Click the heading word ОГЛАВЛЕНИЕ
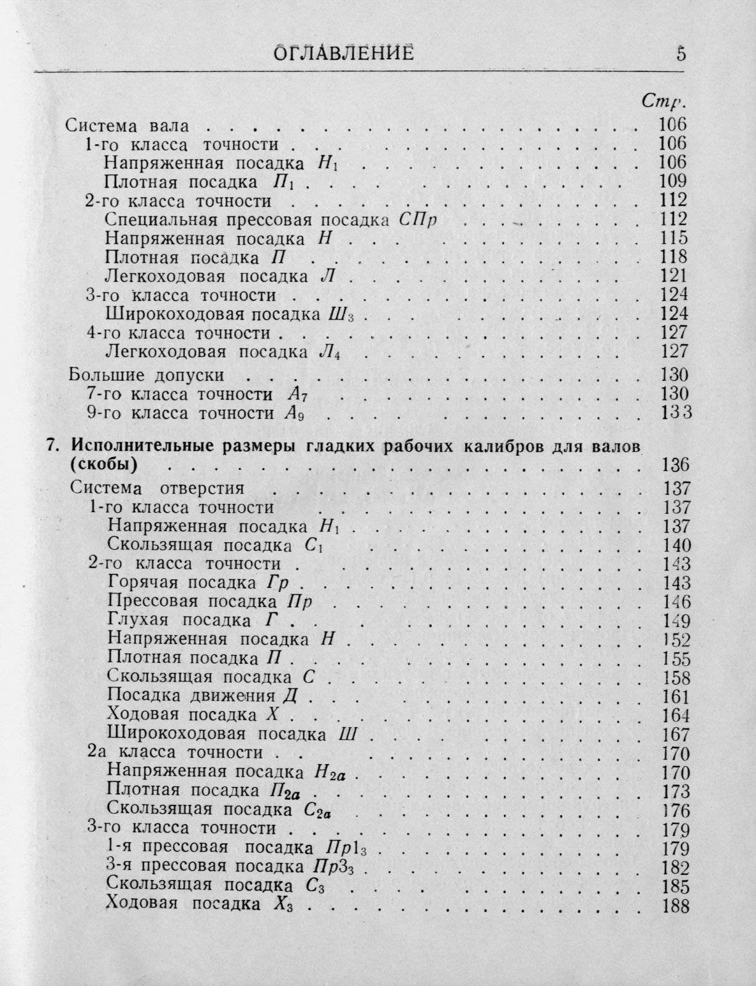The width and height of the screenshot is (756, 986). [x=343, y=54]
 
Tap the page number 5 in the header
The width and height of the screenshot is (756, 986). [x=680, y=53]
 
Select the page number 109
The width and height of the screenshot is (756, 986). [x=672, y=181]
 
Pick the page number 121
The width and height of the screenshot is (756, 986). [x=672, y=276]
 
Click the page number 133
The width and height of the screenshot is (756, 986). [x=675, y=412]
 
